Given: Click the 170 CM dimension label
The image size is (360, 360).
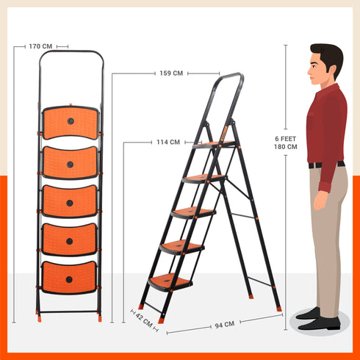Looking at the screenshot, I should click(x=41, y=46).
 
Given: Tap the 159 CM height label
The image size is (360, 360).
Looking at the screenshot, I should click(x=171, y=73).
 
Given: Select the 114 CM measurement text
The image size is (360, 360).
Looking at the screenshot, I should click(x=168, y=143).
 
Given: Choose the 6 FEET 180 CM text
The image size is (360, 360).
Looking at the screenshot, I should click(x=286, y=142).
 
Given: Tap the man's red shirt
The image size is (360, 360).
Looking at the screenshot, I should click(x=326, y=125).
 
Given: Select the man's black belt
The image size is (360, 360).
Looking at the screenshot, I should click(x=325, y=165).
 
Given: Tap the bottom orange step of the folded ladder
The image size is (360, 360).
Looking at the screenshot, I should click(x=69, y=278).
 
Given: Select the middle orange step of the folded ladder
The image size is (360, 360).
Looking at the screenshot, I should click(x=70, y=201).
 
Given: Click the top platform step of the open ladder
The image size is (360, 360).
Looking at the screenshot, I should click(x=214, y=145).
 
